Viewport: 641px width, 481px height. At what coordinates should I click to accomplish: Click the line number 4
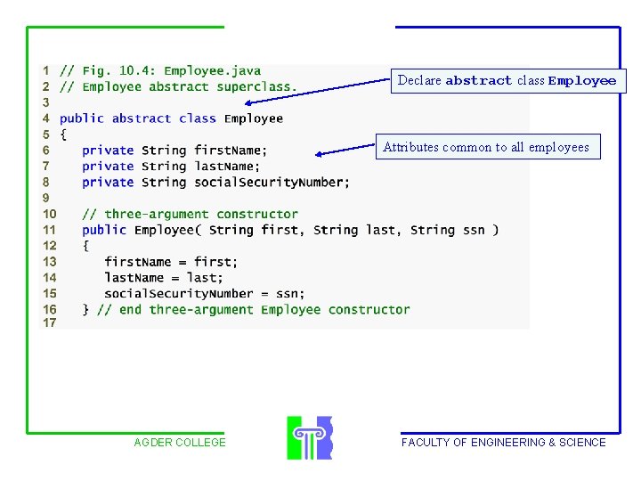pos(45,118)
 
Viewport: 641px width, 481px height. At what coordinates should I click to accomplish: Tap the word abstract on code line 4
pos(142,118)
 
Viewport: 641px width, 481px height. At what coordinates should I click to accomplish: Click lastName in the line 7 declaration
pos(223,166)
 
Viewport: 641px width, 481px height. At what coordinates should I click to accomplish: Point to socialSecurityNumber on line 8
pos(269,182)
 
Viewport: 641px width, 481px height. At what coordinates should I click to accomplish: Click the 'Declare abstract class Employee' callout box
pos(508,81)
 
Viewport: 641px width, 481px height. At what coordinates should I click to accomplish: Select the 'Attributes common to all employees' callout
pos(488,147)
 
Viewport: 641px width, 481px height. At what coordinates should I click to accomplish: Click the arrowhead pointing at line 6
pos(319,154)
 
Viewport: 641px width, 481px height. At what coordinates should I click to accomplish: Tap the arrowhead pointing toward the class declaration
pos(248,103)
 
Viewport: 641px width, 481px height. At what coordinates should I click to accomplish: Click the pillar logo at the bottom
pos(310,437)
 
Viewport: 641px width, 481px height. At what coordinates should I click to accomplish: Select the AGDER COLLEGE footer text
pos(180,442)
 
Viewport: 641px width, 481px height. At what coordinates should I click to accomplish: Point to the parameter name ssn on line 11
pos(474,231)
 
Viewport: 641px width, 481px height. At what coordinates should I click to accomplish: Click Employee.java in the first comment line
pos(212,70)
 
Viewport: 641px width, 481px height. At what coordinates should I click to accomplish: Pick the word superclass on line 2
pos(253,86)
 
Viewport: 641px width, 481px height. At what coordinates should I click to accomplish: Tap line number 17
pos(50,322)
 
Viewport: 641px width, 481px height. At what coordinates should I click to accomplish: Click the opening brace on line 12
pos(85,246)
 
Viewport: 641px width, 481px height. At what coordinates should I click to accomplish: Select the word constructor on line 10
pos(257,214)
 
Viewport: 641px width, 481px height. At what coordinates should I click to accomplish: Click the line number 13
pos(50,262)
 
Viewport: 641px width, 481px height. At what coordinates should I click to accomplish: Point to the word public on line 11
pos(104,230)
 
